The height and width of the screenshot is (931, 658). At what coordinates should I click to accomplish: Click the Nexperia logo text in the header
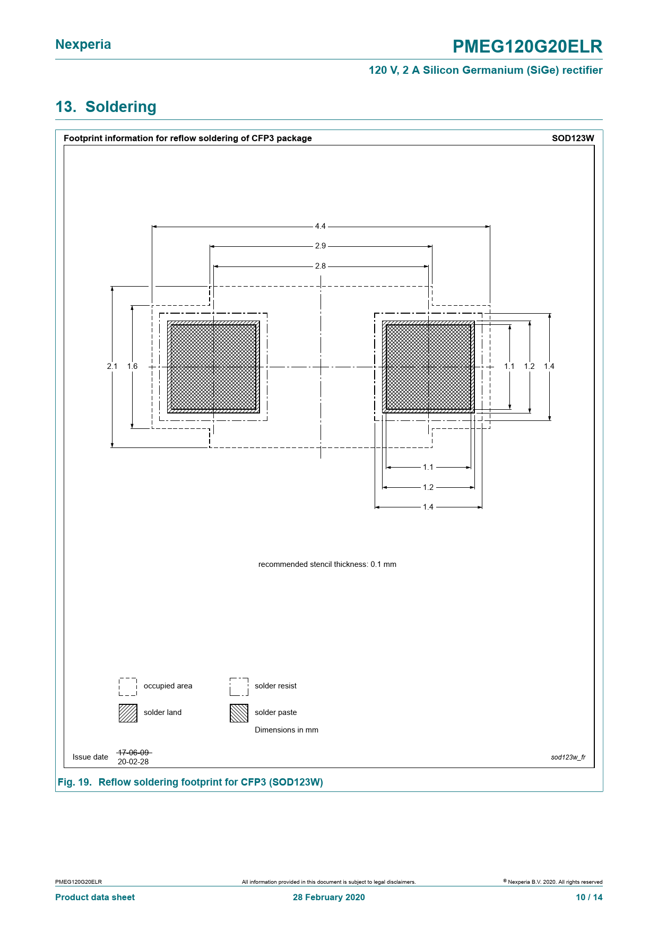coord(83,45)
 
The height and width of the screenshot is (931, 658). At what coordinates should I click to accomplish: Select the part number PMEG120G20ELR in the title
coord(527,47)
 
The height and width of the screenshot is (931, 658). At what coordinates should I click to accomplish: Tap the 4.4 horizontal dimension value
coord(321,226)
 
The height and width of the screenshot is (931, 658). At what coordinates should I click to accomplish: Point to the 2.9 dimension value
coord(321,246)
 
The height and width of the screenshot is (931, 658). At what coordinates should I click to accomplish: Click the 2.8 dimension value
coord(321,266)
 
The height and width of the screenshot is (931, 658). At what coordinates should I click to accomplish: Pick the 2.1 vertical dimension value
coord(112,366)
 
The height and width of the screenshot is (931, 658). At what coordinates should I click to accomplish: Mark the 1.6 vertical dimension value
coord(132,366)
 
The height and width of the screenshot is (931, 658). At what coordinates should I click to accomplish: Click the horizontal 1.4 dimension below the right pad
coord(428,507)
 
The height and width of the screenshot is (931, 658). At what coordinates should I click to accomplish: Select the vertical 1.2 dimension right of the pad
coord(530,366)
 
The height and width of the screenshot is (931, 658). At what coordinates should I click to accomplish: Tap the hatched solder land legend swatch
coord(128,713)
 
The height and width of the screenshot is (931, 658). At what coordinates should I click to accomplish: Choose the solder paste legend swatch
coord(239,713)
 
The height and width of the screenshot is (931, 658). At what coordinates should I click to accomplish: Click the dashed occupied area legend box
coord(128,686)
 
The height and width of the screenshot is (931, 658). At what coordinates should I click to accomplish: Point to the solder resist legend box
coord(239,686)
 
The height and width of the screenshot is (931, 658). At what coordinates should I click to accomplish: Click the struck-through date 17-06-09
coord(133,753)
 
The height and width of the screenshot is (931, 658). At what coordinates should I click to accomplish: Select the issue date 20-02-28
coord(133,762)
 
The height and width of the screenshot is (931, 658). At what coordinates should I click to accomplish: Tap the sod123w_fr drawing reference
coord(568,757)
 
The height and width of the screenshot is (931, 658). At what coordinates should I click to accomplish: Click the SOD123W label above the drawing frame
coord(573,138)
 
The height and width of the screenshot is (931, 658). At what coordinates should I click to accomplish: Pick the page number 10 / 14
coord(590,897)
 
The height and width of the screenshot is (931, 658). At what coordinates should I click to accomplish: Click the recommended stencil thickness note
coord(327,564)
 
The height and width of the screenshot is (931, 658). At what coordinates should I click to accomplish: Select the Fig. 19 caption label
coord(74,782)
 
